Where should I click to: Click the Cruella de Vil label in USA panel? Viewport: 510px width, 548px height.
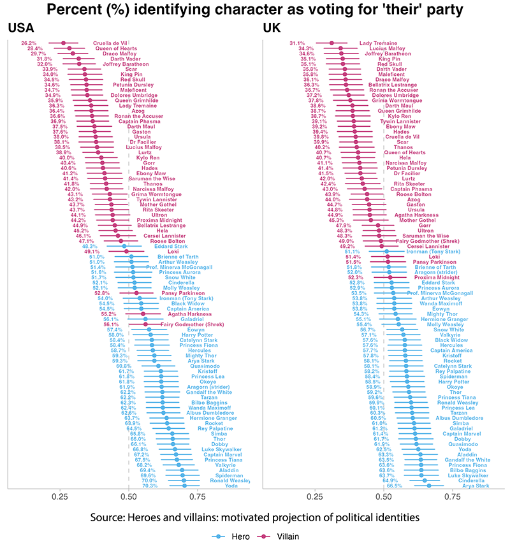(111, 42)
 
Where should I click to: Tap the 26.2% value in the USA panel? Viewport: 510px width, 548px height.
(29, 42)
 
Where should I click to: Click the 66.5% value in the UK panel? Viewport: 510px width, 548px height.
(395, 486)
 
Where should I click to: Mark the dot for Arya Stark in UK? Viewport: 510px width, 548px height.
(429, 486)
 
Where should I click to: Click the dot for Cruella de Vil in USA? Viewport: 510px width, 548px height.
(63, 43)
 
